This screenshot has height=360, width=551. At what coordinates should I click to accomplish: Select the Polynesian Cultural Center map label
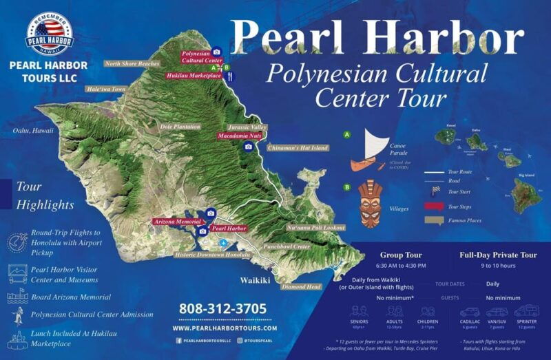click(x=201, y=56)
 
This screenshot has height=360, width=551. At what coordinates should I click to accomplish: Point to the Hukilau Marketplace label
click(x=194, y=76)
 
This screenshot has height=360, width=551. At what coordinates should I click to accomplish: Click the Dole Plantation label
click(x=180, y=127)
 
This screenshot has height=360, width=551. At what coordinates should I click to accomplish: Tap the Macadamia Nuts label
click(x=239, y=136)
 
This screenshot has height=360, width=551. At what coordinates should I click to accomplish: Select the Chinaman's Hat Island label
click(x=299, y=148)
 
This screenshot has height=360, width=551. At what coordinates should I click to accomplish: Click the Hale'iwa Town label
click(x=106, y=89)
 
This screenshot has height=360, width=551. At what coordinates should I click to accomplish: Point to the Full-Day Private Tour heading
click(x=498, y=255)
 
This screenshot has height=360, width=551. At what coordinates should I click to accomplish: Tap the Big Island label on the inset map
click(x=527, y=176)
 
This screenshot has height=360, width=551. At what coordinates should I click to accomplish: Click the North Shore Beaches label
click(x=132, y=64)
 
